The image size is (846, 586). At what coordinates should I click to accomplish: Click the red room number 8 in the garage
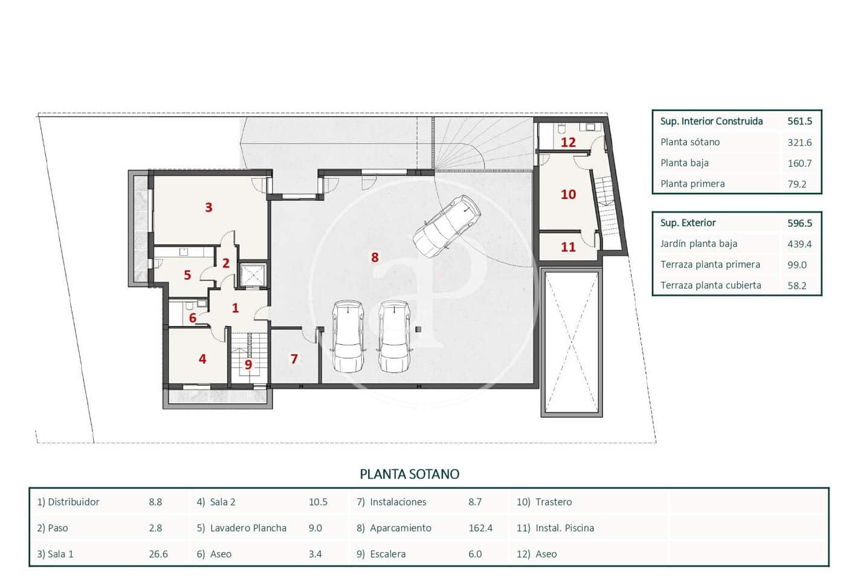375,258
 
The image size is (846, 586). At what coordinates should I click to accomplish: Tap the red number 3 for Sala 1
208,207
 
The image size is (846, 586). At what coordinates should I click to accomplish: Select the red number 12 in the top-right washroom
568,143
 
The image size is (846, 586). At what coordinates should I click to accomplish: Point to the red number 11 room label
568,247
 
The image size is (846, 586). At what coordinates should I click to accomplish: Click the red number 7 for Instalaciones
294,359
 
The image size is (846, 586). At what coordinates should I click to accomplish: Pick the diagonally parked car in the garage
447,226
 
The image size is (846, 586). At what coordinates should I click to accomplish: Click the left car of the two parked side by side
348,336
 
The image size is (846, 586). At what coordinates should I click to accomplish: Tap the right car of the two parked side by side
394,336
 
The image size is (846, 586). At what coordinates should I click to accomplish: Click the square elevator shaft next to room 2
253,275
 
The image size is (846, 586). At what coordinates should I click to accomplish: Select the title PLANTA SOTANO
409,474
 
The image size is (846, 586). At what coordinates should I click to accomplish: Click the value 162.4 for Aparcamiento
480,528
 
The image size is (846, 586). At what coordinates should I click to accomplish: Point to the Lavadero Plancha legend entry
248,528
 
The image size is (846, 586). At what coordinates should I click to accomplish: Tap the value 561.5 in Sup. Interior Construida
799,122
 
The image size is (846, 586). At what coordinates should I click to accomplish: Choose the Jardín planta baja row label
699,244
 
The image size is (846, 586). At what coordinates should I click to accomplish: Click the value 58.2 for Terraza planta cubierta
797,285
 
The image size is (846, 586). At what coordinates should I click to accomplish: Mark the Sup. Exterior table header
688,223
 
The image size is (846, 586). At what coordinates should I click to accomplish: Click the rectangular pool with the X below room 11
571,342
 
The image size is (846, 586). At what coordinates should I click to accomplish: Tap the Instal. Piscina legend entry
564,528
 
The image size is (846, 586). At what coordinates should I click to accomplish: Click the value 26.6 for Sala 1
158,554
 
